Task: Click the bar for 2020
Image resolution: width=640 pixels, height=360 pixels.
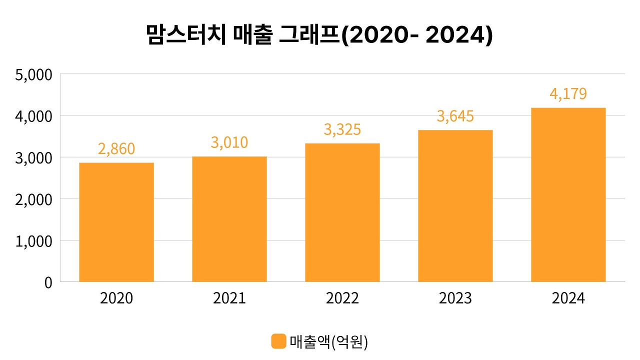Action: click(116, 222)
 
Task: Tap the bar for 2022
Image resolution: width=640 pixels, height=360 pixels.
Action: click(342, 212)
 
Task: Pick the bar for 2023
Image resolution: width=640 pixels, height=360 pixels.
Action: click(455, 206)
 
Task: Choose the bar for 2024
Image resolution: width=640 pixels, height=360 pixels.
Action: click(568, 194)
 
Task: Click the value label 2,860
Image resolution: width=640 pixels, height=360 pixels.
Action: click(116, 148)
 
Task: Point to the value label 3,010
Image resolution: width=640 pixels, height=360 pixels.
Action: click(229, 142)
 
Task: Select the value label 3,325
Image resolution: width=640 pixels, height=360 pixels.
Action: click(342, 129)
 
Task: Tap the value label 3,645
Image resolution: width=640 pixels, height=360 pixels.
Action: click(455, 116)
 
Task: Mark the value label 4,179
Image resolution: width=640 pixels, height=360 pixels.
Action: click(568, 94)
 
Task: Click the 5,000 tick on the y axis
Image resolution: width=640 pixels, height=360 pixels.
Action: click(34, 74)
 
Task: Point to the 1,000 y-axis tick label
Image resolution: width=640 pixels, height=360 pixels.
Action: click(34, 241)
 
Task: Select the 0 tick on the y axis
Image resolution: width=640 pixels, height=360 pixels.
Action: click(48, 282)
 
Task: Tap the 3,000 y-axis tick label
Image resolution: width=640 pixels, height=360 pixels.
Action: click(34, 157)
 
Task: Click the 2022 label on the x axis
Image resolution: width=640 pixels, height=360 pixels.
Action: click(342, 298)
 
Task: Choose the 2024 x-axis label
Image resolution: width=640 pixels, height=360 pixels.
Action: click(568, 298)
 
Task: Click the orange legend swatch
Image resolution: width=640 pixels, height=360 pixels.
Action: click(278, 341)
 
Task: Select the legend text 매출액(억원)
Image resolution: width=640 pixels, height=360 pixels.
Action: click(328, 341)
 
